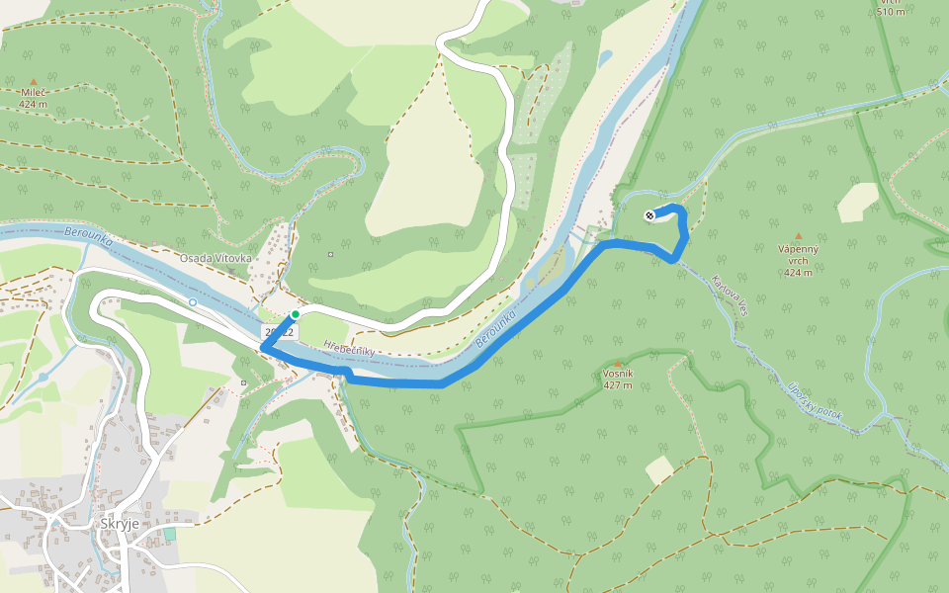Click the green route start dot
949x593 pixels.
[x=295, y=314]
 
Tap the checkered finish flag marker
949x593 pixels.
[x=648, y=215]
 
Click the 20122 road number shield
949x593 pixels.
[x=279, y=333]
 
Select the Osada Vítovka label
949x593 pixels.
[x=215, y=258]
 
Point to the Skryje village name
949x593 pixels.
[x=120, y=524]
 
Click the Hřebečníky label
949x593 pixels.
[x=349, y=350]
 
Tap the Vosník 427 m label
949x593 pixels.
[x=618, y=379]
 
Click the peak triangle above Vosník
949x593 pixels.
[x=618, y=364]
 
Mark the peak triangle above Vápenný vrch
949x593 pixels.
[x=799, y=236]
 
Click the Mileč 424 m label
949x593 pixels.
[x=33, y=97]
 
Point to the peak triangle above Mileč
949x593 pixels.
[x=33, y=82]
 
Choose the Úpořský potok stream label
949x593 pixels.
[x=815, y=401]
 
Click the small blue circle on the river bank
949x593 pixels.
[x=193, y=301]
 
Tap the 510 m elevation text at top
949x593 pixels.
[x=891, y=10]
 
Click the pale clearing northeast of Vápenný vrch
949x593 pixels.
[x=858, y=203]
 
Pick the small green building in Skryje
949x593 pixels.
[x=169, y=534]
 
